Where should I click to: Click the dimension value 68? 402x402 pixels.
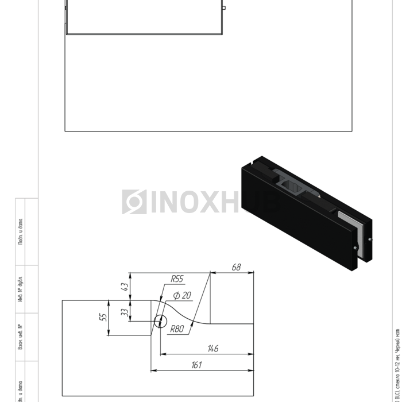point(236,267)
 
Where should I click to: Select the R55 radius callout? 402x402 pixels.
point(176,279)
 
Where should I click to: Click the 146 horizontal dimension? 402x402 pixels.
point(213,349)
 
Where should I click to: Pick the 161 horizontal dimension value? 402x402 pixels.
point(196,365)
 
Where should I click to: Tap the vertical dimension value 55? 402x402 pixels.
point(104,316)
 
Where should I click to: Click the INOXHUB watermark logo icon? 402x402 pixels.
point(134,202)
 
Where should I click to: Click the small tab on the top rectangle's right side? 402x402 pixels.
point(224,8)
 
